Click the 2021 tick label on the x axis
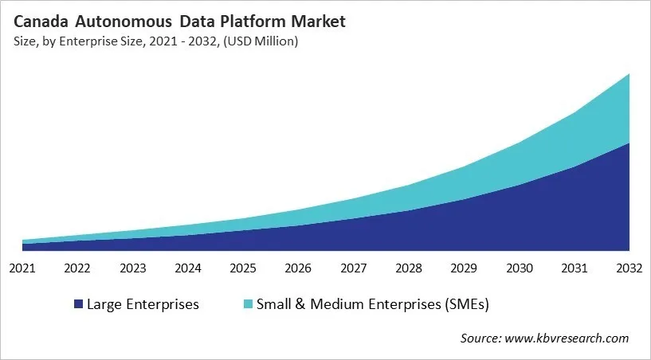point(22,268)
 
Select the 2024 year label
point(188,268)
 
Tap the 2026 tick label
point(298,268)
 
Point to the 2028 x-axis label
point(409,268)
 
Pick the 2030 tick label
point(520,268)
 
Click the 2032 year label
point(629,268)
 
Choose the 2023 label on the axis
point(132,268)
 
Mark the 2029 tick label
point(464,268)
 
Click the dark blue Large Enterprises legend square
point(78,304)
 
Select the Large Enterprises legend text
point(143,304)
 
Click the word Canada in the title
point(41,21)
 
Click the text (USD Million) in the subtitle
point(261,41)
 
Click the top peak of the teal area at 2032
point(629,74)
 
